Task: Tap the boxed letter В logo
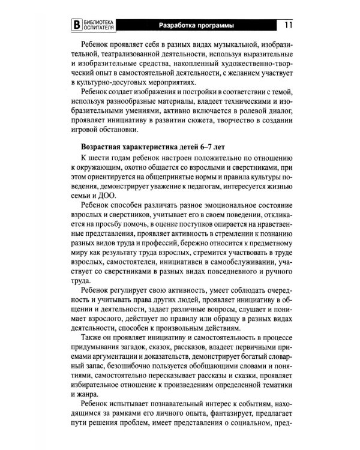click(x=76, y=25)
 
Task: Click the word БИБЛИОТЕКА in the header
click(x=99, y=22)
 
